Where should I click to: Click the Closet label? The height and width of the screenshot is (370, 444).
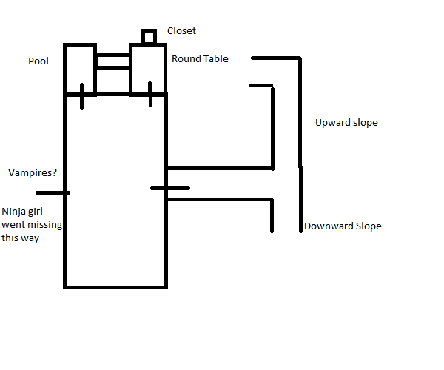(x=181, y=31)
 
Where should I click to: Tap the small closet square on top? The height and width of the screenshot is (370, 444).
(x=149, y=37)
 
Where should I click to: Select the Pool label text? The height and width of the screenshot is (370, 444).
(x=38, y=61)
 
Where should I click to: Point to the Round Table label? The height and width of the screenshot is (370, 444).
(x=200, y=58)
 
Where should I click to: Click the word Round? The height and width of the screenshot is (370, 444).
(x=186, y=58)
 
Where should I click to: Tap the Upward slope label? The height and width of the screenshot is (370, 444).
(x=346, y=122)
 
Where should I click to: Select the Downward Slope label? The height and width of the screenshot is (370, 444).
(x=343, y=226)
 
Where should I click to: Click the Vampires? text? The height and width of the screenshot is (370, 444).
(x=33, y=172)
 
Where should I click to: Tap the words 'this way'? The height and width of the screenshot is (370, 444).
(x=20, y=238)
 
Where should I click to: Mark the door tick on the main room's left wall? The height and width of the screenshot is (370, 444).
(x=57, y=192)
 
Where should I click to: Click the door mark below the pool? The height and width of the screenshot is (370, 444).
(x=82, y=96)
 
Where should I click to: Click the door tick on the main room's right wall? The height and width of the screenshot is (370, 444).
(x=170, y=188)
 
